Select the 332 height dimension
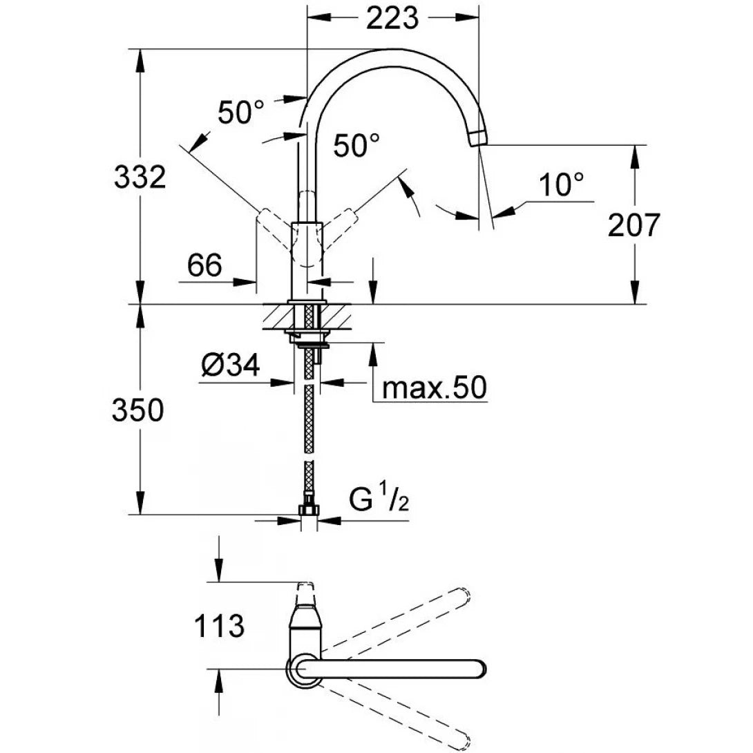(x=140, y=178)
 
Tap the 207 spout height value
(x=634, y=225)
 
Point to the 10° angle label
(x=561, y=184)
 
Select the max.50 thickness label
(x=435, y=388)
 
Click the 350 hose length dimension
(x=137, y=411)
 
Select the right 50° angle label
(x=356, y=146)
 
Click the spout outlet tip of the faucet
(x=477, y=137)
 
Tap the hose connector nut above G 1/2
(x=308, y=510)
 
